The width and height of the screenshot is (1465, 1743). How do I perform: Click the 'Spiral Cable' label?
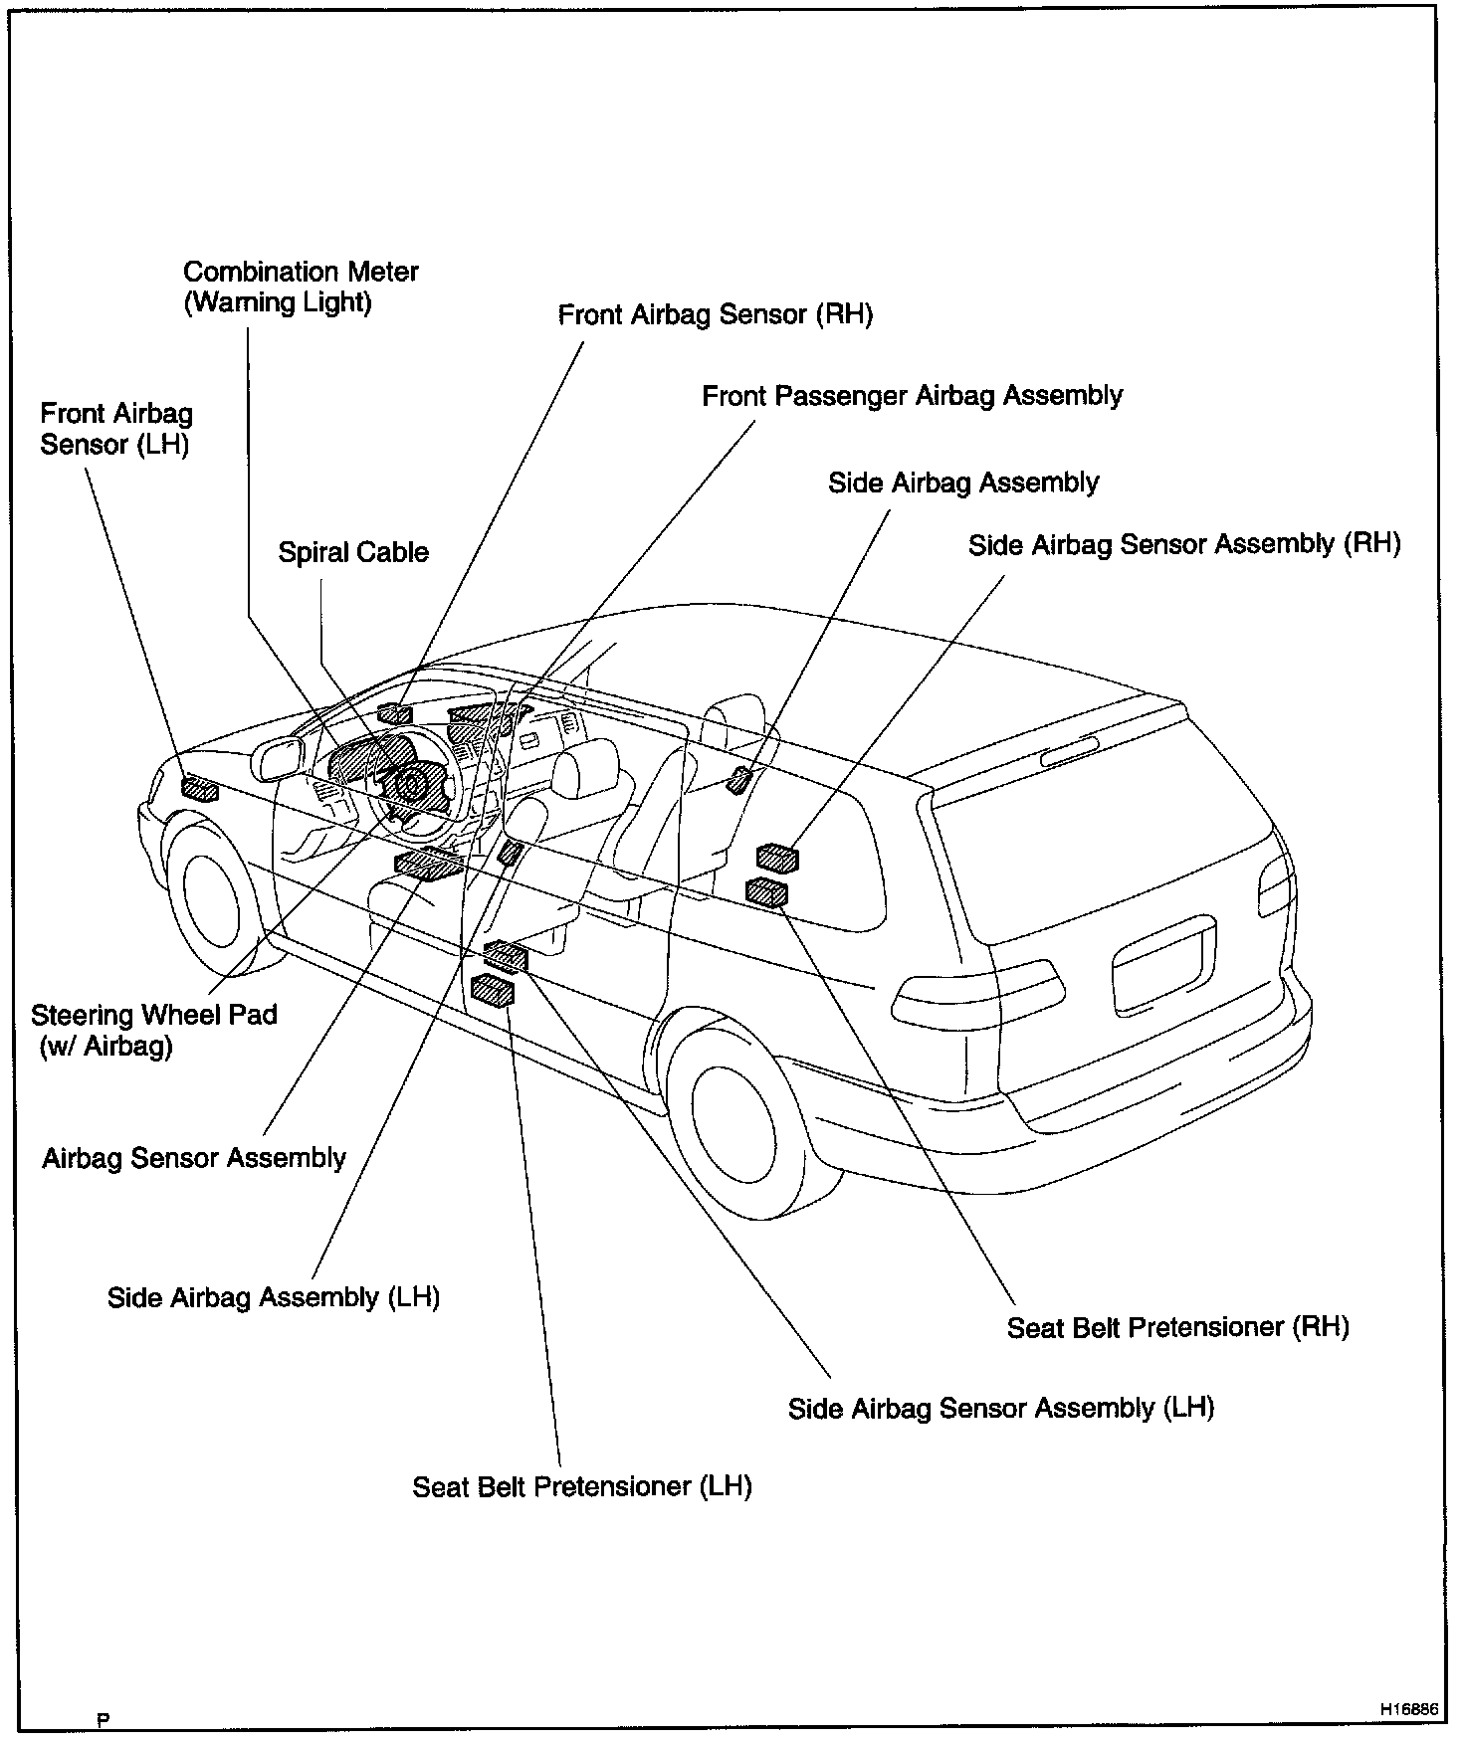click(353, 553)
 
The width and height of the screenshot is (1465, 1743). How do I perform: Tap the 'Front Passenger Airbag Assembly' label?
click(912, 396)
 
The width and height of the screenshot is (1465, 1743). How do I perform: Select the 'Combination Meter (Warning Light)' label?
click(301, 287)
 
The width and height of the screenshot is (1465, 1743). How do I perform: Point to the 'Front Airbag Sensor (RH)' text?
click(715, 315)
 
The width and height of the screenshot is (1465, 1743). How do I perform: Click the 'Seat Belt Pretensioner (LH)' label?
click(581, 1486)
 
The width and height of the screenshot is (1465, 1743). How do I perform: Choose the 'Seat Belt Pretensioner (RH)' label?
click(1177, 1327)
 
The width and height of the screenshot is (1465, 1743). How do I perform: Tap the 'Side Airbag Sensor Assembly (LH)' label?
click(1000, 1408)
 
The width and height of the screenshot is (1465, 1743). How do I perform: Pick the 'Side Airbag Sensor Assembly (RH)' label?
click(1183, 544)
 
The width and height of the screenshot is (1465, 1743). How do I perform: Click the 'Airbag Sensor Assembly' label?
click(194, 1158)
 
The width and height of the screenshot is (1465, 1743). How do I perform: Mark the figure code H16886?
click(1408, 1708)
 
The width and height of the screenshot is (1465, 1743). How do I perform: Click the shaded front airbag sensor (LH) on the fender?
click(199, 790)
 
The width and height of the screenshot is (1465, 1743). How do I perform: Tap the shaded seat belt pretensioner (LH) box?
click(493, 991)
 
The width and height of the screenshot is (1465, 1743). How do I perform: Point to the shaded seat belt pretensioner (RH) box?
click(766, 892)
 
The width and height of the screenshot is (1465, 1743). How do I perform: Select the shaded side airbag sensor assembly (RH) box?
click(777, 857)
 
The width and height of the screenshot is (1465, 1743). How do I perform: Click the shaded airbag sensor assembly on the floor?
click(428, 864)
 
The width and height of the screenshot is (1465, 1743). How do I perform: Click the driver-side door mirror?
click(278, 760)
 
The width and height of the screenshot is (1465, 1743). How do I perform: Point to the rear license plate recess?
click(1162, 968)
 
